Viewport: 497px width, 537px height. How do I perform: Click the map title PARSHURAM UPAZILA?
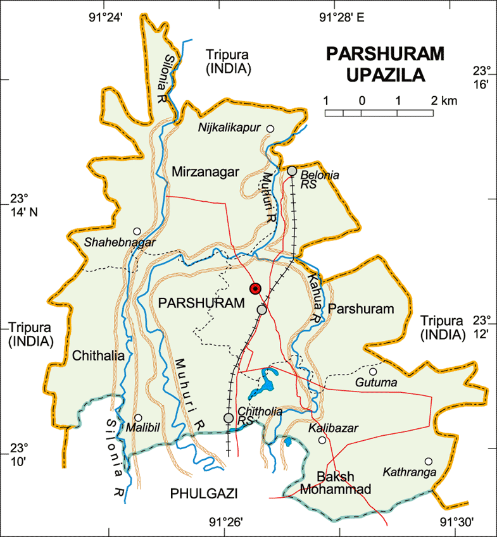pyautogui.click(x=376, y=65)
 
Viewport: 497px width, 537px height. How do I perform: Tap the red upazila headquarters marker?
pyautogui.click(x=255, y=288)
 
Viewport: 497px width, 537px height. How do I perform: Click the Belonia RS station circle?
pyautogui.click(x=292, y=170)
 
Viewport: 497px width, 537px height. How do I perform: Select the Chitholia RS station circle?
pyautogui.click(x=229, y=417)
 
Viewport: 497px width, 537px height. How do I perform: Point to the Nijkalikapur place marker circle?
pyautogui.click(x=270, y=129)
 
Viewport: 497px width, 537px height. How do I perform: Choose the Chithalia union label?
pyautogui.click(x=98, y=355)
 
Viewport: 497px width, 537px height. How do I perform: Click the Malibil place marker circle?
pyautogui.click(x=138, y=417)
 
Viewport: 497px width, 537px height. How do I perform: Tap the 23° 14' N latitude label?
pyautogui.click(x=23, y=205)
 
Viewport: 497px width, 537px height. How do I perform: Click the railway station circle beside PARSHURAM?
pyautogui.click(x=261, y=309)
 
